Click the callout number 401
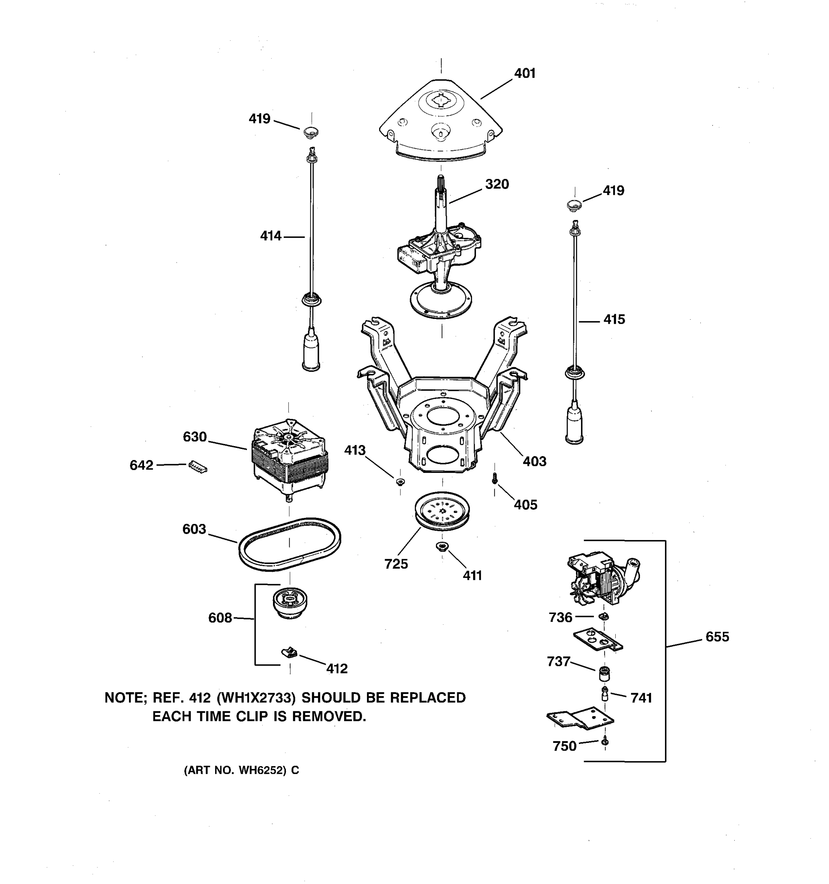525,73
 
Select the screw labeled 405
494,479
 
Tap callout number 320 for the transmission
497,184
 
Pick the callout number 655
717,637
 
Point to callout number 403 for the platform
534,462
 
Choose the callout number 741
641,698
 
